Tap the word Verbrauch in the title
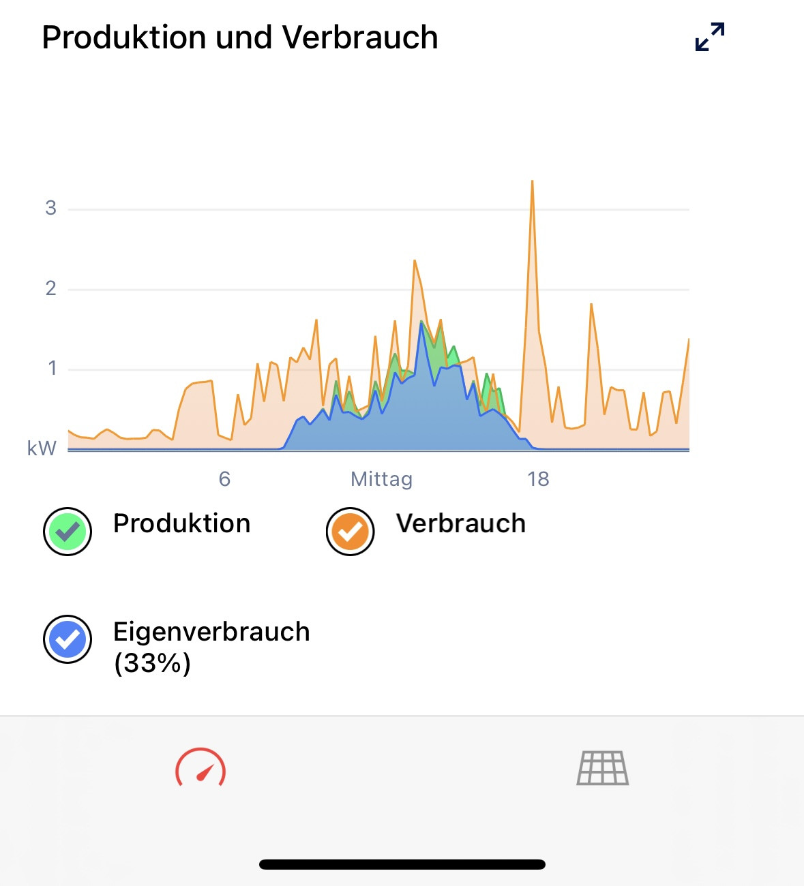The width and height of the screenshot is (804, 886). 359,37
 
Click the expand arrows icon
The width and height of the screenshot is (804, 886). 710,37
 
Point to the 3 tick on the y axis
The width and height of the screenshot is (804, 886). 51,209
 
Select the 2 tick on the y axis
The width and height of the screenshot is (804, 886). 51,289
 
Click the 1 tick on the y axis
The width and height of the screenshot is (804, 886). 53,369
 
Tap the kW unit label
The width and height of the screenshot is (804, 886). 42,448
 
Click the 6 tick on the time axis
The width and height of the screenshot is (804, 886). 224,479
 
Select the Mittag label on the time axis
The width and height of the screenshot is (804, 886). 381,479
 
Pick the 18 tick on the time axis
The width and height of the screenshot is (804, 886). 538,479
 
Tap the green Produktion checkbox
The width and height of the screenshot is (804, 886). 68,532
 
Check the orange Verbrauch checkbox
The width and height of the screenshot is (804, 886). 350,532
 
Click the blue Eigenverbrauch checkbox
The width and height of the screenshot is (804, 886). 68,639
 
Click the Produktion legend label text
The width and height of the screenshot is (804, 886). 181,523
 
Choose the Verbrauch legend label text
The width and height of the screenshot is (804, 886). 461,523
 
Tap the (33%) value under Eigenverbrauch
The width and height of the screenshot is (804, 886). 152,663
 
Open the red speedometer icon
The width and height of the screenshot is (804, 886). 200,768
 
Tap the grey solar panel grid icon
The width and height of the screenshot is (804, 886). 603,768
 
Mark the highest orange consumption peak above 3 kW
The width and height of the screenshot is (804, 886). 532,182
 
